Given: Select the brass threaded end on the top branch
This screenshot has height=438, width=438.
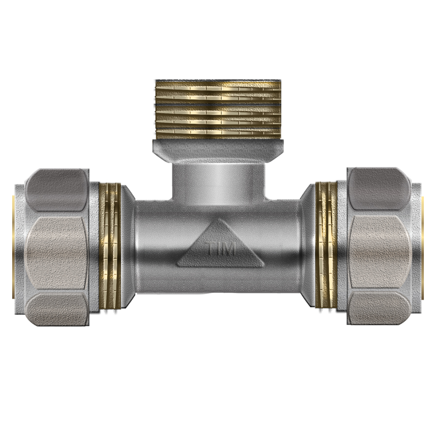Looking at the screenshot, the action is [218, 109].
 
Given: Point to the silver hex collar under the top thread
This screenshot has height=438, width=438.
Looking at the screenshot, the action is [219, 150].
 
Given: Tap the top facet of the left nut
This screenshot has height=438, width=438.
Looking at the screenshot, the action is [58, 190].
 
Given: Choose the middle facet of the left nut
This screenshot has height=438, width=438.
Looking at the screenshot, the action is [57, 253].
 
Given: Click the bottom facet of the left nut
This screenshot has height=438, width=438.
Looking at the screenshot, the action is [58, 309].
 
